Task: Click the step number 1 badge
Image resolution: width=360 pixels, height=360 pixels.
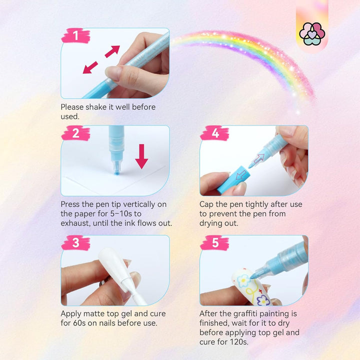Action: point(75,36)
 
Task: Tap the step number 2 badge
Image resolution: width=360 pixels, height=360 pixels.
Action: point(75,133)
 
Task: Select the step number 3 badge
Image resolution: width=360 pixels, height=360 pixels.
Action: point(75,243)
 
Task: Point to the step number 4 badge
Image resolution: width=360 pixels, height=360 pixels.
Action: point(214,133)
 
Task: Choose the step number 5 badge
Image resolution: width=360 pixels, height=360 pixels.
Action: point(214,243)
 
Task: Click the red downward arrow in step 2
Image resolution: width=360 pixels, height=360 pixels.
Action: point(141,156)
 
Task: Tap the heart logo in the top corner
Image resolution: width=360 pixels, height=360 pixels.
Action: point(312,33)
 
